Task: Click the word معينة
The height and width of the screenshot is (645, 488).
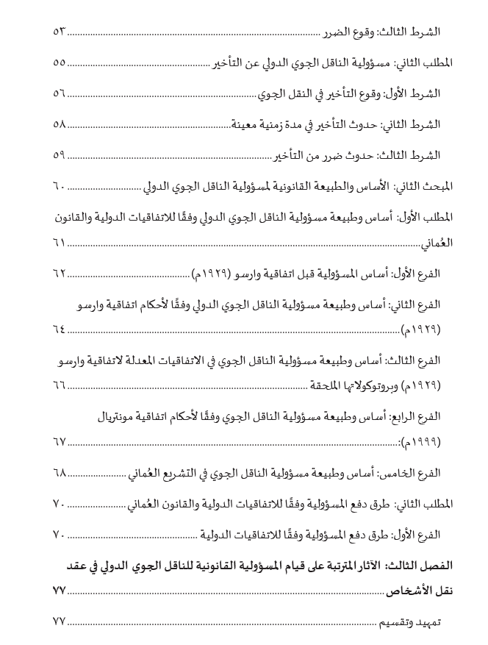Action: click(x=248, y=125)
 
